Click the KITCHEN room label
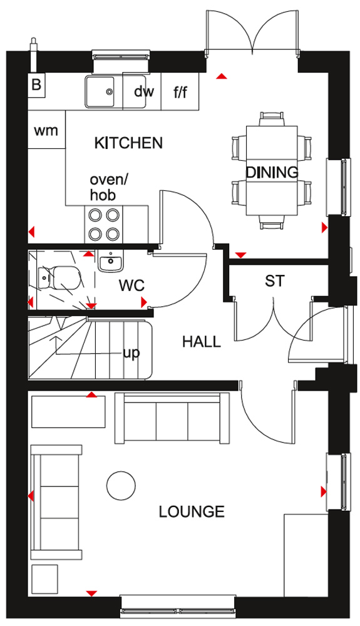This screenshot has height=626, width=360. tap(128, 143)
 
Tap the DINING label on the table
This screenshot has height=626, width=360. tap(272, 172)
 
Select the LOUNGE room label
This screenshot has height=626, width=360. tap(192, 511)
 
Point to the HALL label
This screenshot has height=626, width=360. tap(202, 342)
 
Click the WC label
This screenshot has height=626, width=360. tap(131, 285)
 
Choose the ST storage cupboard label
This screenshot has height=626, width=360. tap(275, 281)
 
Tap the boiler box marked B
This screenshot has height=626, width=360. tap(37, 85)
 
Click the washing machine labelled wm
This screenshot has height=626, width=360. tap(46, 130)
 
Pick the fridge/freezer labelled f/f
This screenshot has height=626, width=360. tap(180, 91)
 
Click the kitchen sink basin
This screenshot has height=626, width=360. tap(100, 92)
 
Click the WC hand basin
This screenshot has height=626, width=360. tap(111, 262)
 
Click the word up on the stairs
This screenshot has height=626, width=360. tap(131, 353)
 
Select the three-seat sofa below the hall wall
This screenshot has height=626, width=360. tap(172, 418)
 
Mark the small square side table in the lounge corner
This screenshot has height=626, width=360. tap(44, 578)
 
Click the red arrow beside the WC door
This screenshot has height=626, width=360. tap(144, 302)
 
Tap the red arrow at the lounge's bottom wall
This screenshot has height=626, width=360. tap(91, 593)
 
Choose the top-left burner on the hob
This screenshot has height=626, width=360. tap(95, 215)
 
